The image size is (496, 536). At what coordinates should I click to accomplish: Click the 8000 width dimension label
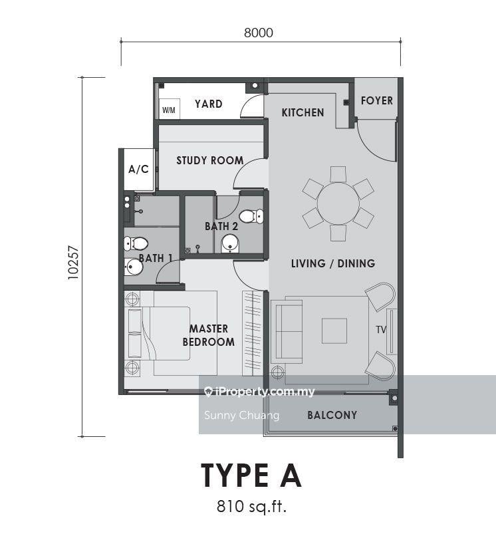click(259, 33)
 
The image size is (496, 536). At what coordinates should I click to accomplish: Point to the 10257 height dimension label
click(73, 263)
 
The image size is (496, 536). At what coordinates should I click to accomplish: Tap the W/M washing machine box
click(169, 109)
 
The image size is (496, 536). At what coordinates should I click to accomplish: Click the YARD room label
click(209, 104)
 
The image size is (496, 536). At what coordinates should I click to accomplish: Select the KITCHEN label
click(303, 112)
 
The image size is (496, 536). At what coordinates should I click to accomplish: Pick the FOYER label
click(377, 100)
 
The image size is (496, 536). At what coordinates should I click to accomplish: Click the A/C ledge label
click(138, 169)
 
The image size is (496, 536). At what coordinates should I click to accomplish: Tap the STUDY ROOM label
click(210, 160)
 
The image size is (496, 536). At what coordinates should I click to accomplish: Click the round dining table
click(338, 203)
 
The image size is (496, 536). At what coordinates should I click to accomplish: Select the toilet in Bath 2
click(251, 216)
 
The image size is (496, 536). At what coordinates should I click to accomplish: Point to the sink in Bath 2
click(230, 243)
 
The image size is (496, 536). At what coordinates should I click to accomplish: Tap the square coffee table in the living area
click(334, 331)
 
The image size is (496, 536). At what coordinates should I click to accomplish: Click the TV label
click(381, 330)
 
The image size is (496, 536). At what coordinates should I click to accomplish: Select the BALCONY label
click(332, 415)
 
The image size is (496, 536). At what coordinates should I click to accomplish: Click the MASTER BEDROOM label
click(209, 335)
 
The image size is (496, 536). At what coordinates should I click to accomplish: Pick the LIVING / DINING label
click(333, 263)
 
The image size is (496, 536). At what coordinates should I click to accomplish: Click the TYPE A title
click(251, 475)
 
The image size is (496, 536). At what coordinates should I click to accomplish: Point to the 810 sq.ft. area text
click(251, 506)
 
